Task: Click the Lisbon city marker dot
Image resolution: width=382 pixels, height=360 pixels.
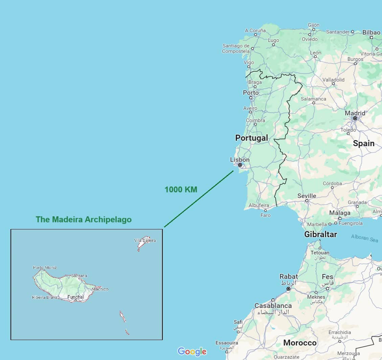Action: [240, 165]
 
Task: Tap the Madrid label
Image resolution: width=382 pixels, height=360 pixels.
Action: [355, 113]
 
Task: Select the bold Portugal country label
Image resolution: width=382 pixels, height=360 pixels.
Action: [251, 138]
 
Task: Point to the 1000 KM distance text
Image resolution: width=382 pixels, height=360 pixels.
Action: [181, 189]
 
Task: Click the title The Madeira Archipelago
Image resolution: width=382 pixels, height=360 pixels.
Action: [84, 220]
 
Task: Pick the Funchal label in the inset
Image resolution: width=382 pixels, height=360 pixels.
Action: [75, 297]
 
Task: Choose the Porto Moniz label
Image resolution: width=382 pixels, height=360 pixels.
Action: [45, 268]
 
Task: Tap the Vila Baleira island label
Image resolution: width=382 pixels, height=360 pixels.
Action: [145, 241]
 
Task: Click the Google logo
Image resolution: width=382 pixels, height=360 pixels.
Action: [192, 352]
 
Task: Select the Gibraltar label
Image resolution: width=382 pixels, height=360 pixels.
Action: [320, 234]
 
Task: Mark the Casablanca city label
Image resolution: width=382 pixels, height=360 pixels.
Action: [273, 306]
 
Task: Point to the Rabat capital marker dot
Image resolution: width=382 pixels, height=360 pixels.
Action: [288, 289]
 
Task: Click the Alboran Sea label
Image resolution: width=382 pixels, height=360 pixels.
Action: [364, 238]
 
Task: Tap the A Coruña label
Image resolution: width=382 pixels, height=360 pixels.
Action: [255, 30]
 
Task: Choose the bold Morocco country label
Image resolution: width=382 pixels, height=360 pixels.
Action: [300, 343]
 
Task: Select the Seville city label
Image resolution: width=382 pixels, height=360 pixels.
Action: [307, 196]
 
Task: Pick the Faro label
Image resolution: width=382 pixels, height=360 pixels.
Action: [266, 215]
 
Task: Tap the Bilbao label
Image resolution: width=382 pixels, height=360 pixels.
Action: [371, 32]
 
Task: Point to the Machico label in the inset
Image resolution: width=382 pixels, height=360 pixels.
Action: [100, 289]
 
